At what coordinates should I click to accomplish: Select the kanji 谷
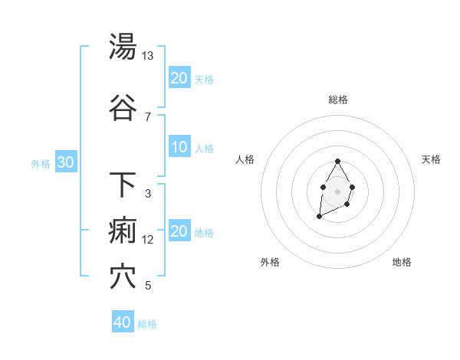(123, 108)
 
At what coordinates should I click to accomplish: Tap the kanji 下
(123, 185)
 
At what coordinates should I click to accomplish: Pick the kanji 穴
(123, 277)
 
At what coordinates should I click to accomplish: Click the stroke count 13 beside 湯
(148, 56)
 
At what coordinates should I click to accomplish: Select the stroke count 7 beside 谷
(148, 116)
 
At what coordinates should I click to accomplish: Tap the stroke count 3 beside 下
(148, 193)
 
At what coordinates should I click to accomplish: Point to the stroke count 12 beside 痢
(148, 240)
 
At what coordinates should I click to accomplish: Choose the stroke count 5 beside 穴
(148, 286)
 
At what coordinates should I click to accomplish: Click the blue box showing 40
(123, 322)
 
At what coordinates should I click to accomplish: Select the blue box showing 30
(66, 163)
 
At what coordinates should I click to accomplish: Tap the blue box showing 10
(179, 148)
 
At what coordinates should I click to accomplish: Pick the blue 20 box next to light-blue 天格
(179, 78)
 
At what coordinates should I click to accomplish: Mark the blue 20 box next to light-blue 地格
(179, 232)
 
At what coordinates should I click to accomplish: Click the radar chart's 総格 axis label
(338, 100)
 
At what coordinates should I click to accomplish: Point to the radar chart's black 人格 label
(245, 159)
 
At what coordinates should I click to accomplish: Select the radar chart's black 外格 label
(270, 262)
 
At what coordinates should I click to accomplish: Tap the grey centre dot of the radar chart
(337, 190)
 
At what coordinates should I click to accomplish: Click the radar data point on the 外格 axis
(319, 217)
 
